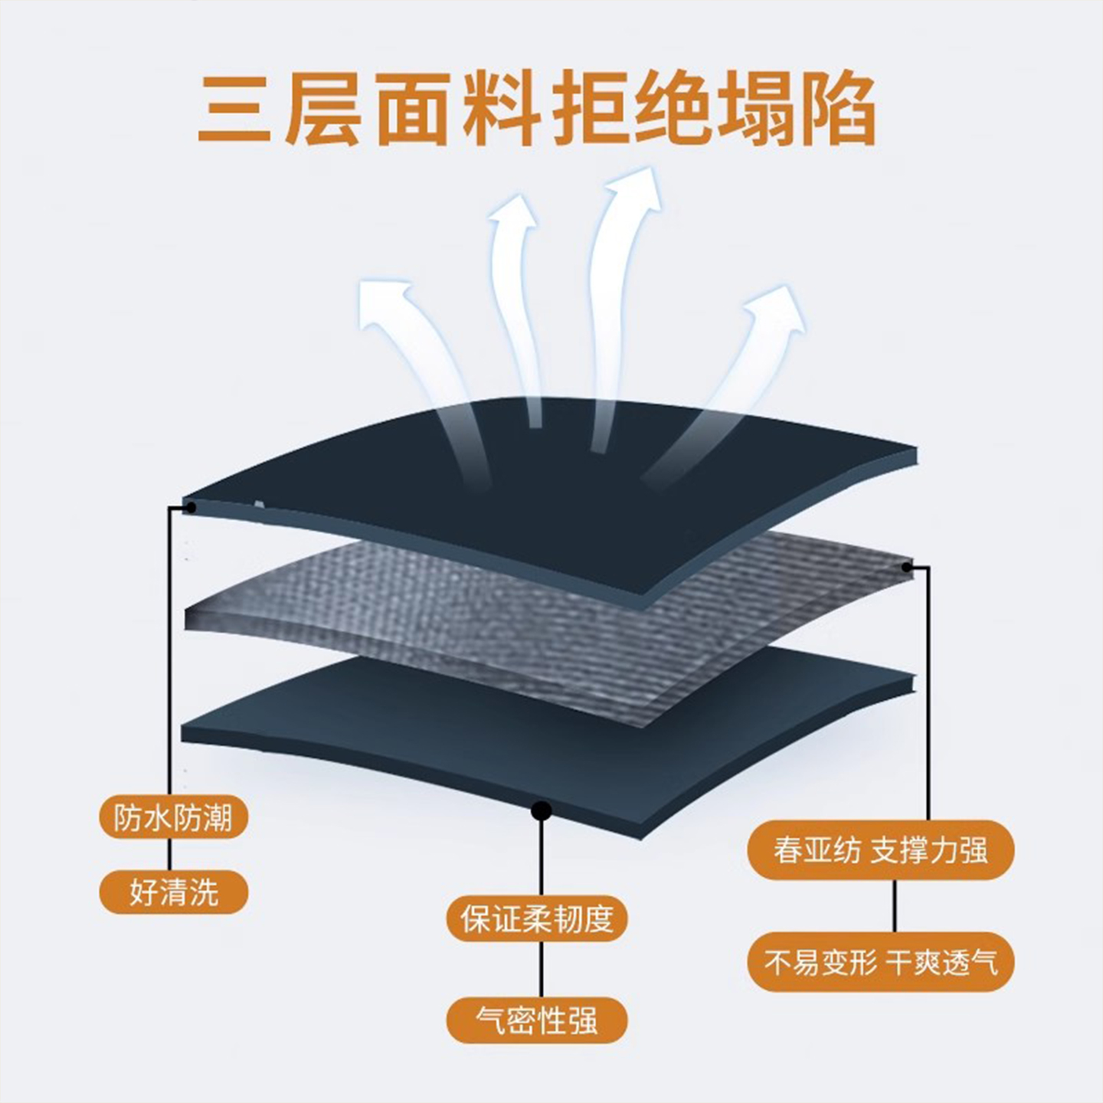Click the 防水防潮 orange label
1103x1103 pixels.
[x=174, y=818]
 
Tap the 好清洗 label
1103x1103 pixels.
[x=174, y=892]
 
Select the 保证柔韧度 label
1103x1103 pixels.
[x=537, y=918]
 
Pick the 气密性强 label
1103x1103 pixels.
[x=537, y=1020]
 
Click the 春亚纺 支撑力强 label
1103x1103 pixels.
[x=881, y=850]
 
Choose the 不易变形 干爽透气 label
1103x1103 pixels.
[x=881, y=962]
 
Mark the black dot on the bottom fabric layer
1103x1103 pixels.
[x=542, y=810]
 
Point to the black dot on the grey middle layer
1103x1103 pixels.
[x=907, y=568]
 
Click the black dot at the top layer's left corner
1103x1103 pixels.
[x=191, y=506]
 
